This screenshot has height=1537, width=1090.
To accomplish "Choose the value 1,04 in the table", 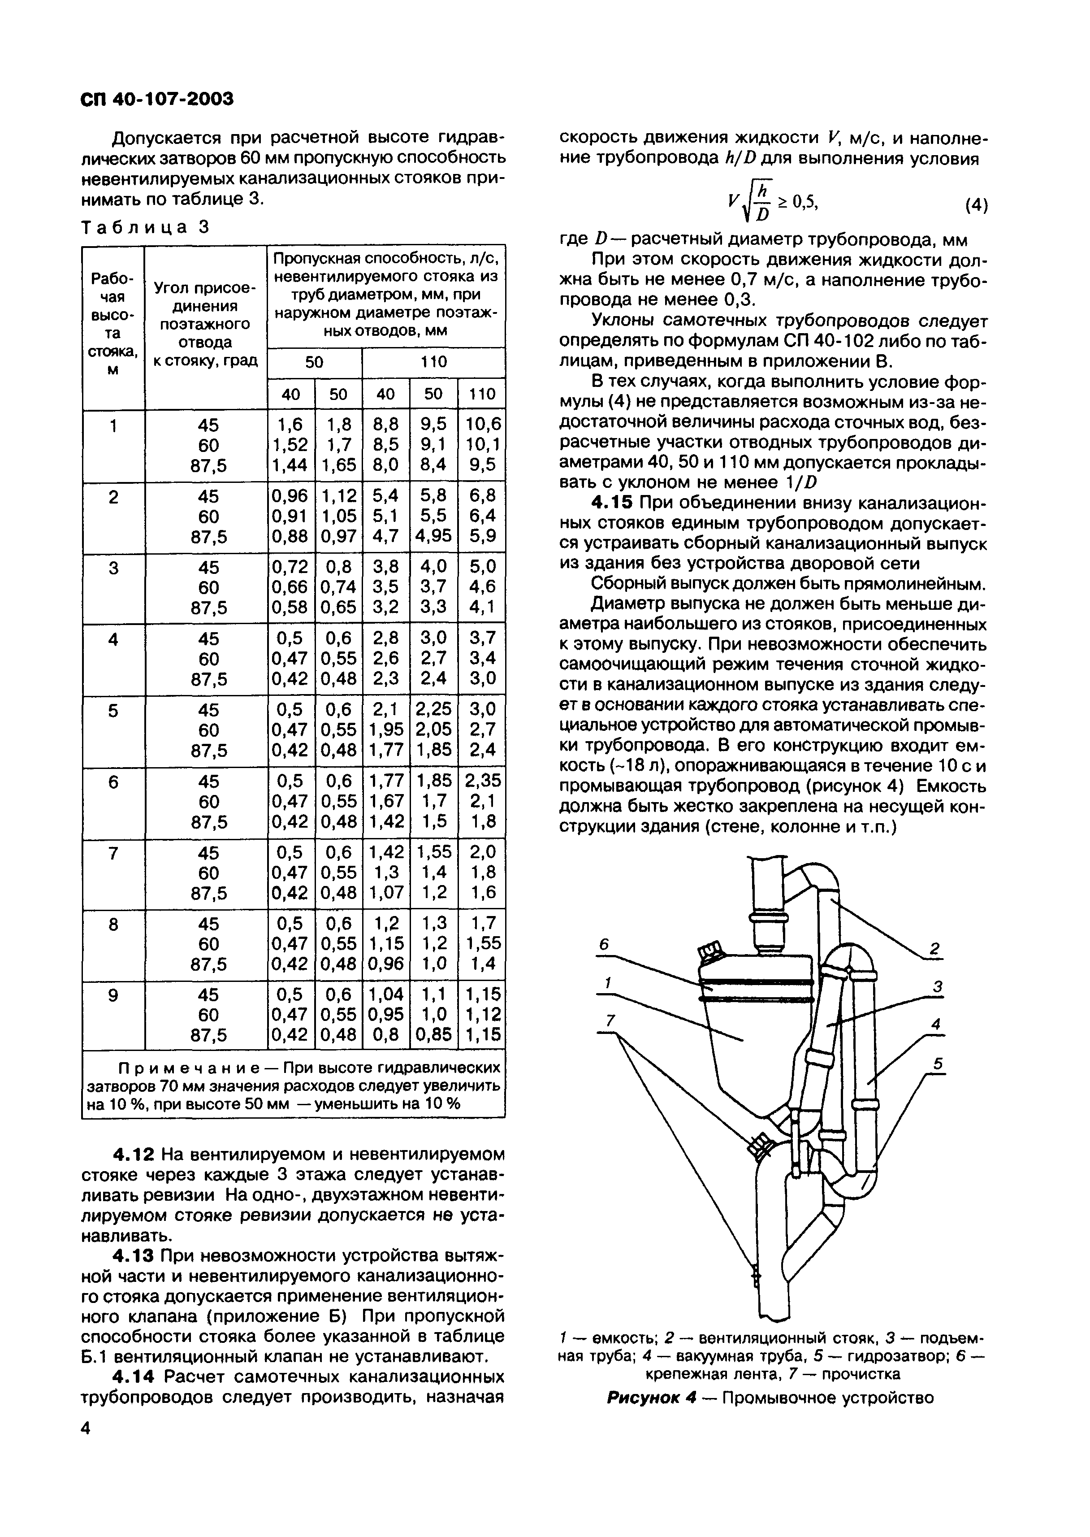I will point(385,994).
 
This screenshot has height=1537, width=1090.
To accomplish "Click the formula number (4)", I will point(976,205).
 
